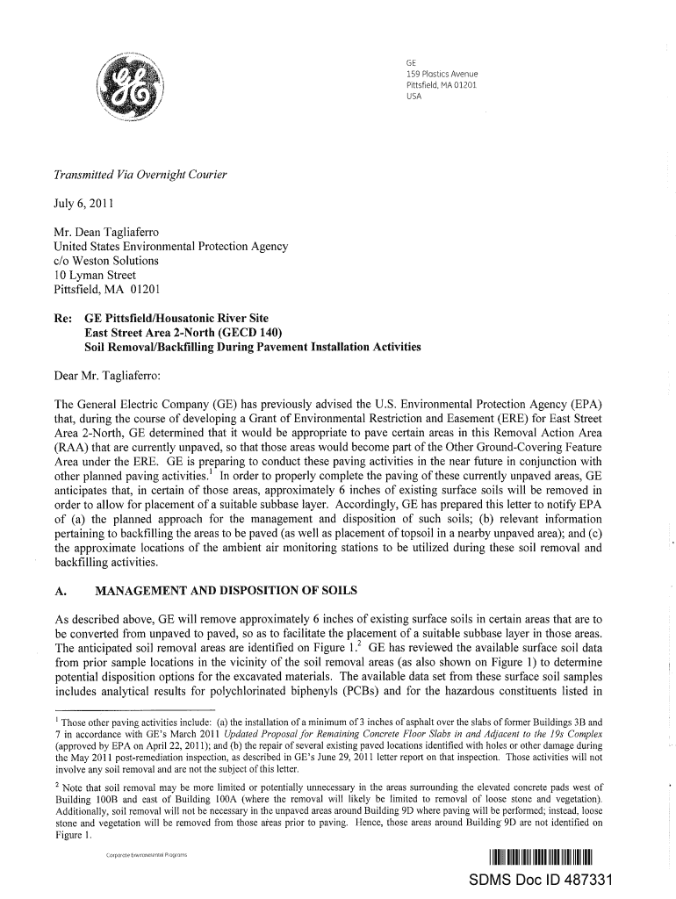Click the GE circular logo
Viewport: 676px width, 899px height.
131,90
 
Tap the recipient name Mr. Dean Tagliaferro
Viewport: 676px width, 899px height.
106,233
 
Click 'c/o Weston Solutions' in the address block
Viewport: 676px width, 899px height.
106,261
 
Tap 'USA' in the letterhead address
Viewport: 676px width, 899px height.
414,97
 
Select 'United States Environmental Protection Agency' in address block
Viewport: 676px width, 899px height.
171,247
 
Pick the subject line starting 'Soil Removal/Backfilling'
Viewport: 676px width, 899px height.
252,347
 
